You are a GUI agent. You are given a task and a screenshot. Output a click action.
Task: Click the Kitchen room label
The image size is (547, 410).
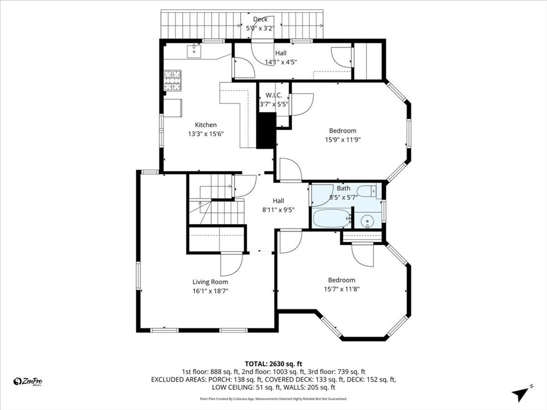[206, 125]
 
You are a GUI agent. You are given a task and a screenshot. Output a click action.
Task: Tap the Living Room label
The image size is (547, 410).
[210, 282]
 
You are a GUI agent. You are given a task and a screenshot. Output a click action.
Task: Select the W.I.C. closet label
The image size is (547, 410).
[273, 96]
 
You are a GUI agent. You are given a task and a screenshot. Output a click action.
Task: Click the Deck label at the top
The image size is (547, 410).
[260, 20]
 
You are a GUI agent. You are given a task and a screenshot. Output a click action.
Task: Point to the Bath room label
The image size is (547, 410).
[343, 188]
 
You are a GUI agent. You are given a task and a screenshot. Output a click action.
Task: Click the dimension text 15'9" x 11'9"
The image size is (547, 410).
[342, 140]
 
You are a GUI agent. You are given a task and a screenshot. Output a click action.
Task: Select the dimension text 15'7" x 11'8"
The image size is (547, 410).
[341, 289]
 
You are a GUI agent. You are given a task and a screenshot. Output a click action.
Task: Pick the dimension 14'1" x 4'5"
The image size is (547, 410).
[280, 62]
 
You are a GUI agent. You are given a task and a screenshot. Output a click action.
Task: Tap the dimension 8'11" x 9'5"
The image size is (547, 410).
[278, 209]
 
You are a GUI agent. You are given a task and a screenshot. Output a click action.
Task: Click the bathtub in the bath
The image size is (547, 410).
[331, 218]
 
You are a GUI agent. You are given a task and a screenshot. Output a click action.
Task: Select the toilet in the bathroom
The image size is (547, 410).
[368, 191]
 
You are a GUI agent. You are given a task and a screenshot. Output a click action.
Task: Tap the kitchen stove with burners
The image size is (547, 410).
[173, 80]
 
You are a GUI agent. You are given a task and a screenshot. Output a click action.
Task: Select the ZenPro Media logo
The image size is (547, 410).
[28, 381]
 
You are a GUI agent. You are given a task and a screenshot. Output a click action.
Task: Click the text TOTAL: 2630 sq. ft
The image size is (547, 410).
[273, 363]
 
